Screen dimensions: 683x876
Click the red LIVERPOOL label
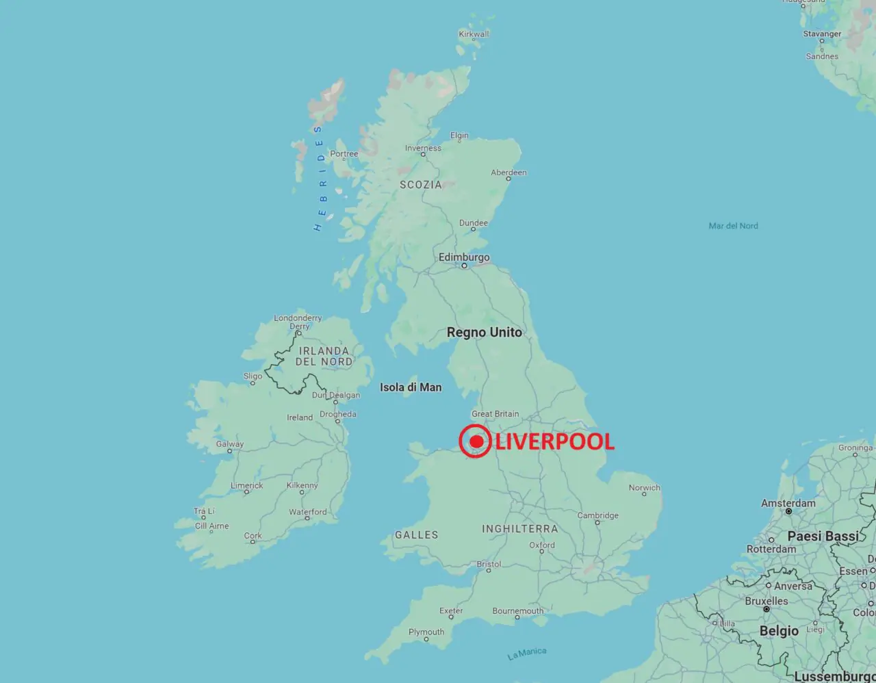(554, 441)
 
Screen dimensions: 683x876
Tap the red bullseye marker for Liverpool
(476, 441)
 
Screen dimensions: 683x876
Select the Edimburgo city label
(464, 257)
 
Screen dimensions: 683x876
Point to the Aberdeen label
(508, 172)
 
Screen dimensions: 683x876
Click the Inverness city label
(423, 148)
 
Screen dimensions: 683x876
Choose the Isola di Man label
(411, 387)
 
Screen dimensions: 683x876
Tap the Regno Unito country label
(484, 333)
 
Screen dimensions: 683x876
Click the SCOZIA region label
(421, 185)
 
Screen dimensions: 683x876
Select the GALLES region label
(416, 535)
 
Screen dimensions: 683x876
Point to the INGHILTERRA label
(520, 529)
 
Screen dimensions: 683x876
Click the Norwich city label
(645, 488)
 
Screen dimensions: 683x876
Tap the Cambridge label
(597, 515)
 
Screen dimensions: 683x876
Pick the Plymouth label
(426, 632)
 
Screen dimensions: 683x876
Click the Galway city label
(230, 444)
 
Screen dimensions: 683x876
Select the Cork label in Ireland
(253, 536)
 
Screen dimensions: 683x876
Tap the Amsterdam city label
(788, 503)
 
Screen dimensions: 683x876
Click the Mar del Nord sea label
(733, 226)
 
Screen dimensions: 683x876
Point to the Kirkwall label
(474, 34)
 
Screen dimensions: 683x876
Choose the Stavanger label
(822, 34)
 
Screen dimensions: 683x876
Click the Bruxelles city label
(766, 601)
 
